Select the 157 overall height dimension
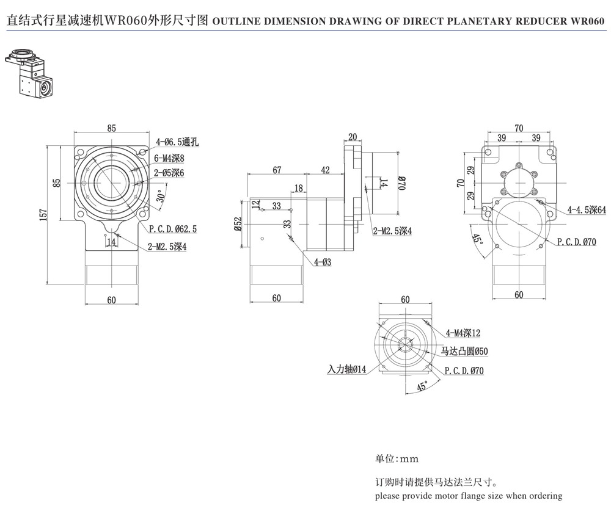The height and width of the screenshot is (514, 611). pos(42,215)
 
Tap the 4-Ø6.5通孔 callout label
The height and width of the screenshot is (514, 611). pos(177,142)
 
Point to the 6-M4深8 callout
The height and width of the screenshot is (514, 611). pos(169,157)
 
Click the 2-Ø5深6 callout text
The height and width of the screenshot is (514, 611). pos(169,173)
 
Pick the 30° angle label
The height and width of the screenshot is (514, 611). pos(160,197)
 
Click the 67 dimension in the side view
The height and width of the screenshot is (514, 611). pos(277,170)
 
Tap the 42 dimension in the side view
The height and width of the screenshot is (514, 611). pos(325,170)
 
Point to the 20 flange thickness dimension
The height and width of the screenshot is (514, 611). pos(353,136)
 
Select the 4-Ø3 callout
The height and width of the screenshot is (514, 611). pos(323,262)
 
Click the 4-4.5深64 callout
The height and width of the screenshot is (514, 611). pos(586,209)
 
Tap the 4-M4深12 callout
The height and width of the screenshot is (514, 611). pos(463,333)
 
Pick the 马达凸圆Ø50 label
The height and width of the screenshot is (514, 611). pos(464,352)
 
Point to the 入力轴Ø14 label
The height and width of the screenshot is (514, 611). pos(346,369)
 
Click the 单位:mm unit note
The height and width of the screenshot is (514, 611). pos(397,458)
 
